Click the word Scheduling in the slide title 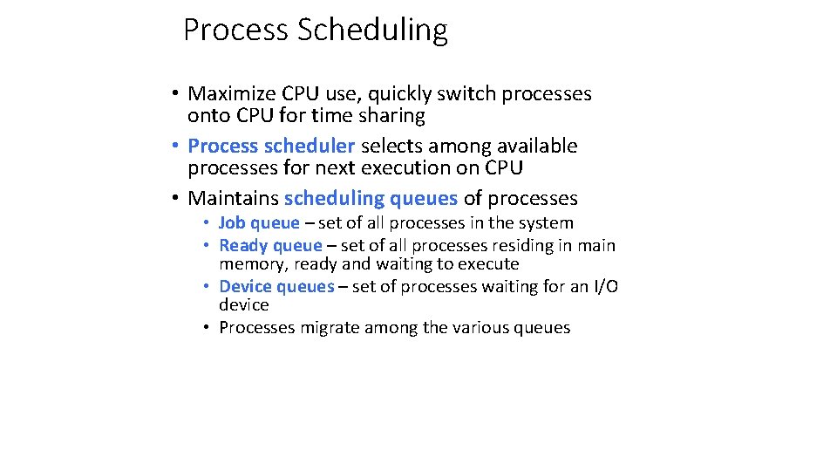point(372,31)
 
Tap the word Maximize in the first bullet point(231,94)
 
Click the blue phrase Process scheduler point(271,147)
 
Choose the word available point(534,147)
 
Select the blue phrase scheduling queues point(371,199)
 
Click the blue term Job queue point(259,223)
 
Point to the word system point(546,223)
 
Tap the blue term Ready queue point(270,246)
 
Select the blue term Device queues point(276,287)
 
